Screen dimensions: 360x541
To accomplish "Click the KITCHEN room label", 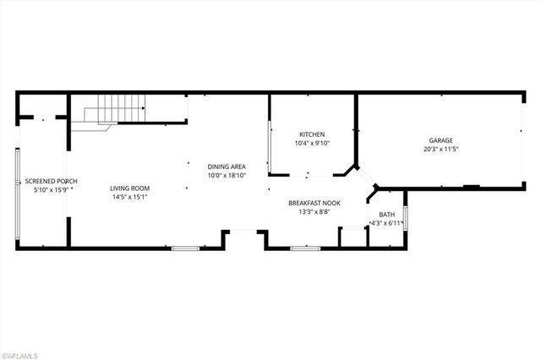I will tap(313, 134).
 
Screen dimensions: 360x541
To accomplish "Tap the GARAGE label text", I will tap(441, 140).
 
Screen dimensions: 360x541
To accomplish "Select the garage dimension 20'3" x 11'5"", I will tap(441, 150).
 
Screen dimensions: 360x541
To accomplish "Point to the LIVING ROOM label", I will tap(129, 188).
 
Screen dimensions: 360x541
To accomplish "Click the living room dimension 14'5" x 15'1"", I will tap(129, 198).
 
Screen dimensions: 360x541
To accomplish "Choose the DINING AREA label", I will tap(227, 166).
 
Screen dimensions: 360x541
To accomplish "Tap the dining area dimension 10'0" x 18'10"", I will tap(227, 176).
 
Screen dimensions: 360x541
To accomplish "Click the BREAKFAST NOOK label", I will tap(314, 203).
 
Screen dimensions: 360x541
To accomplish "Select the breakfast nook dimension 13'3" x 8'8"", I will tap(314, 212).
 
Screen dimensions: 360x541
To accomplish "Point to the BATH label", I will tap(387, 215).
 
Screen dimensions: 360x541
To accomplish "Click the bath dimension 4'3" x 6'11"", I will tap(387, 224).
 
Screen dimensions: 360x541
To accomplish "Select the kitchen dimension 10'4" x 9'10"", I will tap(313, 144).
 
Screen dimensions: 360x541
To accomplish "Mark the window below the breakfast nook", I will tap(304, 248).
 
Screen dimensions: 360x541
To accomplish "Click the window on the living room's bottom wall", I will tap(184, 248).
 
